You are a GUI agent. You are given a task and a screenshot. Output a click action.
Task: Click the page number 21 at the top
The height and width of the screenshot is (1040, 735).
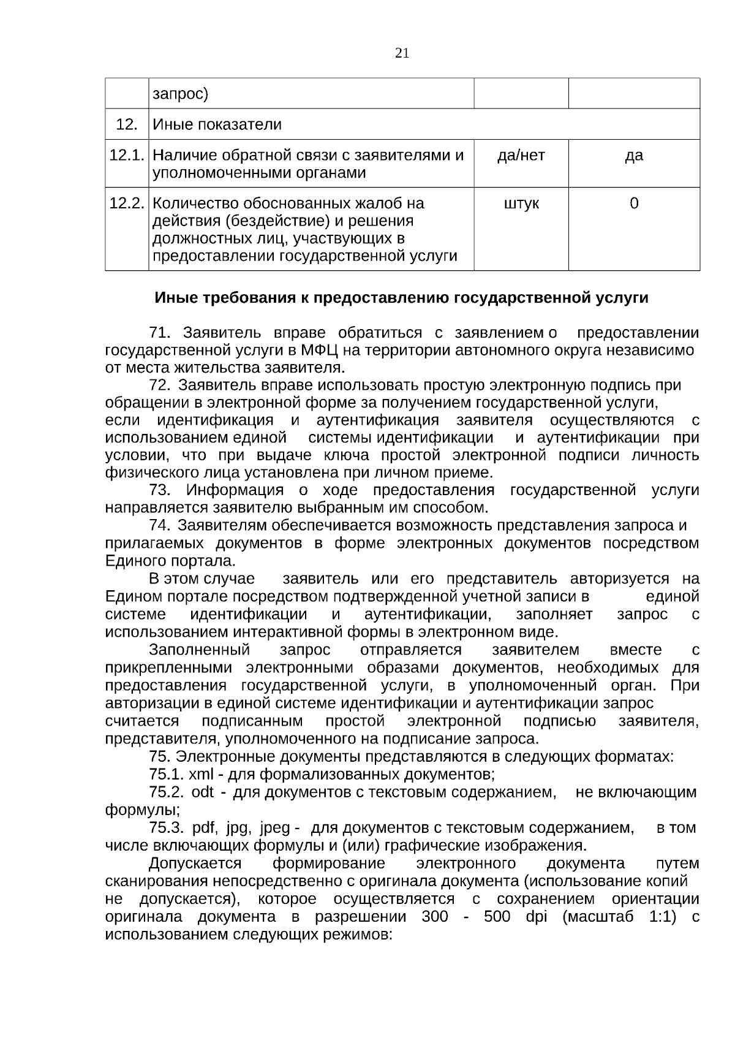click(x=402, y=53)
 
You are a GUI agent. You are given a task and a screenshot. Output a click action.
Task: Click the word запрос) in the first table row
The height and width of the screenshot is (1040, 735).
click(x=181, y=94)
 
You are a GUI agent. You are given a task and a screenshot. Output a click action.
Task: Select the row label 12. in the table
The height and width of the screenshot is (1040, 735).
click(x=127, y=125)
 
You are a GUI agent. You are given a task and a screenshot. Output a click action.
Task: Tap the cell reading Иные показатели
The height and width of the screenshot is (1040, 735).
click(x=217, y=125)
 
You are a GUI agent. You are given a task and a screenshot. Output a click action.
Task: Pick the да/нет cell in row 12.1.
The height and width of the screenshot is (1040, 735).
click(x=521, y=156)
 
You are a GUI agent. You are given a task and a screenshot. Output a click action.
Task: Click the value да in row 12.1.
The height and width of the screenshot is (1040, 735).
click(x=634, y=156)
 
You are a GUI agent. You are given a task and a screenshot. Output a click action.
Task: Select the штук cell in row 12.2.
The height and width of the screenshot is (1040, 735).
click(x=521, y=203)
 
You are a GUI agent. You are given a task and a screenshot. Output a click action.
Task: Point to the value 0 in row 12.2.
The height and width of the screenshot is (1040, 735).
click(x=634, y=203)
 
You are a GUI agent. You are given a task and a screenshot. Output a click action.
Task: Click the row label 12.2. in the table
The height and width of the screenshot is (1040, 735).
click(x=127, y=203)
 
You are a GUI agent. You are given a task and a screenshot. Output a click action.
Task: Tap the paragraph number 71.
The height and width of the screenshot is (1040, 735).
click(x=159, y=333)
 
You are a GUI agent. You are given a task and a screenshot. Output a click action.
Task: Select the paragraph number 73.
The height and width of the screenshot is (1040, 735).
click(x=160, y=491)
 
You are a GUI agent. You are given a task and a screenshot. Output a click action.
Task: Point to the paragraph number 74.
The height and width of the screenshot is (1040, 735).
click(x=159, y=526)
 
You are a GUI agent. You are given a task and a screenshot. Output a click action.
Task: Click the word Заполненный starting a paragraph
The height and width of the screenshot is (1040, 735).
click(x=200, y=650)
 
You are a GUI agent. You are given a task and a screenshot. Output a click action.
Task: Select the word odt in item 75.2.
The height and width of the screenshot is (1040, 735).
click(x=203, y=792)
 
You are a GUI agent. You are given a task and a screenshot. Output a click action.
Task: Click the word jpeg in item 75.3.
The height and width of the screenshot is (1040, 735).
click(x=274, y=828)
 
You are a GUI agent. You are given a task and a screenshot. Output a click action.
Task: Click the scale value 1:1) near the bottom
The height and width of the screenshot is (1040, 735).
click(x=666, y=917)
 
